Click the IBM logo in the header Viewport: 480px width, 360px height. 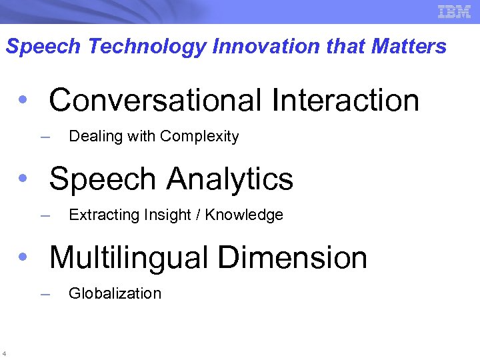pyautogui.click(x=454, y=11)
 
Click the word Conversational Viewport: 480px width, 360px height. pyautogui.click(x=155, y=101)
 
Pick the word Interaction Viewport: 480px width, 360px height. pyautogui.click(x=345, y=101)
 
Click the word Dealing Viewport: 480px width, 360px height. pyautogui.click(x=92, y=137)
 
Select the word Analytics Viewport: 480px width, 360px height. pyautogui.click(x=230, y=179)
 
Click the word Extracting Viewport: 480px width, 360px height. pyautogui.click(x=99, y=215)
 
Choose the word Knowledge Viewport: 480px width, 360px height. pyautogui.click(x=244, y=215)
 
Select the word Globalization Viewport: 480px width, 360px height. pyautogui.click(x=115, y=293)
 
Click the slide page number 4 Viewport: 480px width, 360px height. pyautogui.click(x=4, y=353)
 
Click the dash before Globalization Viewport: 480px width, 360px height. pyautogui.click(x=45, y=294)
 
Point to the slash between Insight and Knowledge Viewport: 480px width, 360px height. pyautogui.click(x=199, y=215)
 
